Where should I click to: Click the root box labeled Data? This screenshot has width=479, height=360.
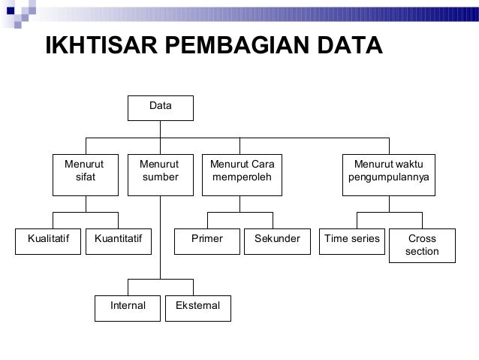160,107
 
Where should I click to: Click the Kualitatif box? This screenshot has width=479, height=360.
48,240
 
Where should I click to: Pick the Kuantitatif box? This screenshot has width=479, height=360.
118,240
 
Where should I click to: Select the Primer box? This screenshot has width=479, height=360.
207,240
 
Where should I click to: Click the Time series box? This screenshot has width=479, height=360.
352,240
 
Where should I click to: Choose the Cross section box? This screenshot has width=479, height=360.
422,245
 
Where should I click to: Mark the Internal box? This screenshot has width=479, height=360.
128,307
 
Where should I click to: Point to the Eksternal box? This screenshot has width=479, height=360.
197,307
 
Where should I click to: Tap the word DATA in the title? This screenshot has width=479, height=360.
346,45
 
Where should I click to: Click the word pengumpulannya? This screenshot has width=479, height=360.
389,178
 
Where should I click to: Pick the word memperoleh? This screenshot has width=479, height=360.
242,178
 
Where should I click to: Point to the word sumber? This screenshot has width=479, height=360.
161,178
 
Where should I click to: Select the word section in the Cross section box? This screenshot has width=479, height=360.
422,251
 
